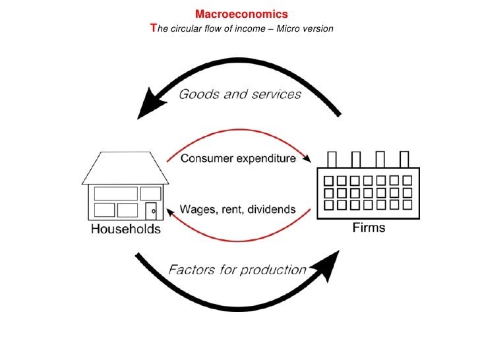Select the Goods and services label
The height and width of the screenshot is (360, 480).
(240, 94)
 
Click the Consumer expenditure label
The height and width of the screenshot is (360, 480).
(238, 159)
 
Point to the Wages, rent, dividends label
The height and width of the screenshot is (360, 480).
(238, 210)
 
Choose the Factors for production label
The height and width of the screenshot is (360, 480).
(237, 269)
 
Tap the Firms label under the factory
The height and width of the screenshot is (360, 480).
(373, 228)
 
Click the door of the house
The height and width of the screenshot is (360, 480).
(152, 211)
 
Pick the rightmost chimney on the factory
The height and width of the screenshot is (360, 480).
(405, 160)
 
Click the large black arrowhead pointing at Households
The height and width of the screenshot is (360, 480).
(150, 106)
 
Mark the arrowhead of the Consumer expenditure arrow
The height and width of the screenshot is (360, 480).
(307, 159)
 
